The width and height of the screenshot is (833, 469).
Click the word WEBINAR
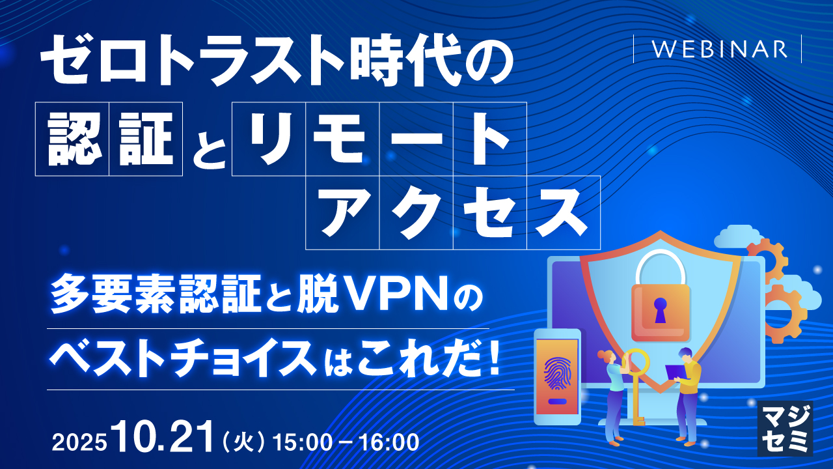(717, 50)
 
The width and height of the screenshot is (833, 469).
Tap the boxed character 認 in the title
(72, 139)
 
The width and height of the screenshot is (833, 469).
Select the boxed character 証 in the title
(146, 139)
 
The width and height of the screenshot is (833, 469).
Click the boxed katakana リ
(268, 139)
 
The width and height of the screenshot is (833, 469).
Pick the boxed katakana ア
(342, 212)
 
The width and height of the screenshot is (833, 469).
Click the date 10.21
(163, 437)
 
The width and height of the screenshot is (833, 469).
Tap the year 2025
(79, 442)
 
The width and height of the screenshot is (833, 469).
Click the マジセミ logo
(785, 427)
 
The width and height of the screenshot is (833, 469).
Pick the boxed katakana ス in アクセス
(563, 212)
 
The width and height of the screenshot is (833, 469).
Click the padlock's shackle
(661, 264)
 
